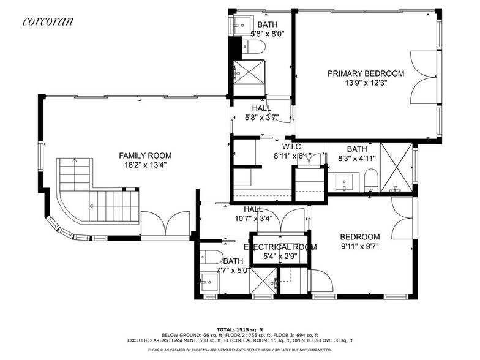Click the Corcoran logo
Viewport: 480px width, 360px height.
48,21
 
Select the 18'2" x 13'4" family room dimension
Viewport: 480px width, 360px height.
145,165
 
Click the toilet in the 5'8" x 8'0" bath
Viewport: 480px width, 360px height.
255,47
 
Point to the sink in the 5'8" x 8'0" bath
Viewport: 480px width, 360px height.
241,25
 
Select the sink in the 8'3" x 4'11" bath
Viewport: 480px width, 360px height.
345,181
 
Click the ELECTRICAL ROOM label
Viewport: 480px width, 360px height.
280,247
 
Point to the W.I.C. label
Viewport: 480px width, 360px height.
292,147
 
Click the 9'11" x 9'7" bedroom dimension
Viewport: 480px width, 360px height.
359,247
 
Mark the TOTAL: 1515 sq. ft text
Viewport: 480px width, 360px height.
239,329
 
